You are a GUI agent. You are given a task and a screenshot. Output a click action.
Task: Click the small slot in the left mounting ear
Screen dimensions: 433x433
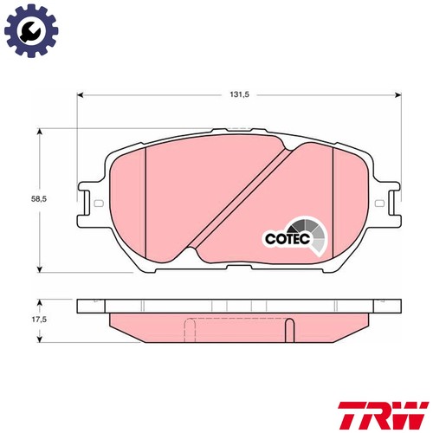click(97, 204)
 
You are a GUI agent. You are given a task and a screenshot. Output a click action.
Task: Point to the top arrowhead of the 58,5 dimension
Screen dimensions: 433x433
click(42, 132)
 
